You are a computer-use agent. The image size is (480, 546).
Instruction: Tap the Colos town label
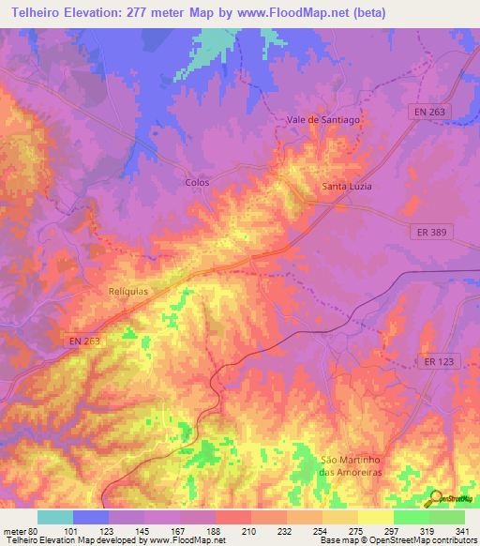point(197,182)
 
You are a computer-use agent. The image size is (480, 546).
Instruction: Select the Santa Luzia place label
point(347,186)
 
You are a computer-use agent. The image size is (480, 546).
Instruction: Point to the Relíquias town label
point(127,291)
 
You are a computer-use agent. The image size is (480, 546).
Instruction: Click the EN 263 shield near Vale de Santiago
point(432,112)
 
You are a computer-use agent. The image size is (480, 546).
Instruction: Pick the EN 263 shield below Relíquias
point(84,341)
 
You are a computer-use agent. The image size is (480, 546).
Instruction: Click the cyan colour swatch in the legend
point(55,517)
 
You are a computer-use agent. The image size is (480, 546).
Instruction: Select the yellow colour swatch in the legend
point(375,517)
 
